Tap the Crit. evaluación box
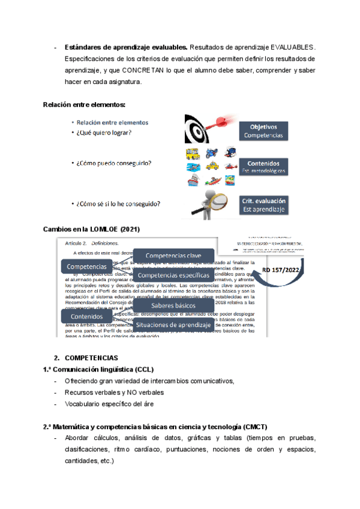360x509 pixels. [264, 205]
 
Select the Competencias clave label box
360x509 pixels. [173, 256]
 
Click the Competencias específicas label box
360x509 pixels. [173, 276]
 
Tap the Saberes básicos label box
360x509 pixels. [173, 306]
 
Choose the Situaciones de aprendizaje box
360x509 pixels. [173, 325]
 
